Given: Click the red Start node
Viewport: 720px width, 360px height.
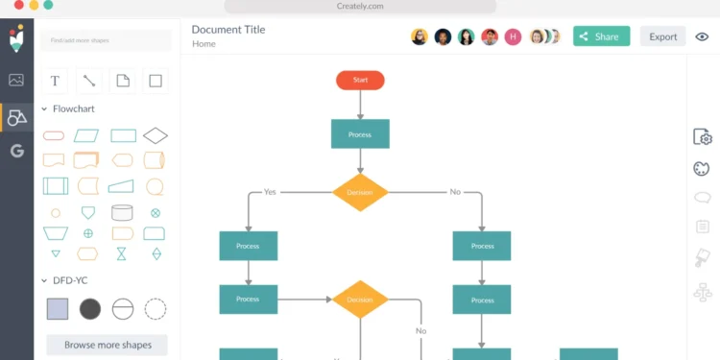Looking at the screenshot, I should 360,80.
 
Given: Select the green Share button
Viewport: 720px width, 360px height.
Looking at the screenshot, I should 601,36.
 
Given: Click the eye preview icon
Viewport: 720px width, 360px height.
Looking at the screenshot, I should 702,36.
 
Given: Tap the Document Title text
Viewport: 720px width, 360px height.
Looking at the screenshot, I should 228,30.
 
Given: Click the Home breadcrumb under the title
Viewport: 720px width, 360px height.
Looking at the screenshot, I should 204,44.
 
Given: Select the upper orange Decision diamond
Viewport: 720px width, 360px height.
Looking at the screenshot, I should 360,192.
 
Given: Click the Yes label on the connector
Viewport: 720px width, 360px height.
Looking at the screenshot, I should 270,192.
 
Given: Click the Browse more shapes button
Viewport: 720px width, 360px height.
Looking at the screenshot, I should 107,344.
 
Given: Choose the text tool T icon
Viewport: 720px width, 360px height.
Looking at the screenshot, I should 55,82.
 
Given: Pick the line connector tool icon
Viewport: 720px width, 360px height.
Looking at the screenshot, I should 88,82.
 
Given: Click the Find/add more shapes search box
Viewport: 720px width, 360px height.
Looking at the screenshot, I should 107,40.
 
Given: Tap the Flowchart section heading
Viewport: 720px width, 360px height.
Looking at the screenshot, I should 73,109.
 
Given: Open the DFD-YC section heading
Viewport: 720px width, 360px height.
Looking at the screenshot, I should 70,280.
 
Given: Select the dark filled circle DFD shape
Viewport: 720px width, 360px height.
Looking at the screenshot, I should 89,308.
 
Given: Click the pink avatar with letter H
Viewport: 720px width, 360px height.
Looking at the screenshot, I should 513,36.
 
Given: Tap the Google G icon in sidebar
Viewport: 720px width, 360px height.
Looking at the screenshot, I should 16,151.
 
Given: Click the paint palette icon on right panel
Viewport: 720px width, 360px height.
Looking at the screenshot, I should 702,169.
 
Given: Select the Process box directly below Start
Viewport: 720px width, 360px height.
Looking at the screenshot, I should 360,134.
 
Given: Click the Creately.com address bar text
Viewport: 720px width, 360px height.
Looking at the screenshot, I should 360,6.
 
